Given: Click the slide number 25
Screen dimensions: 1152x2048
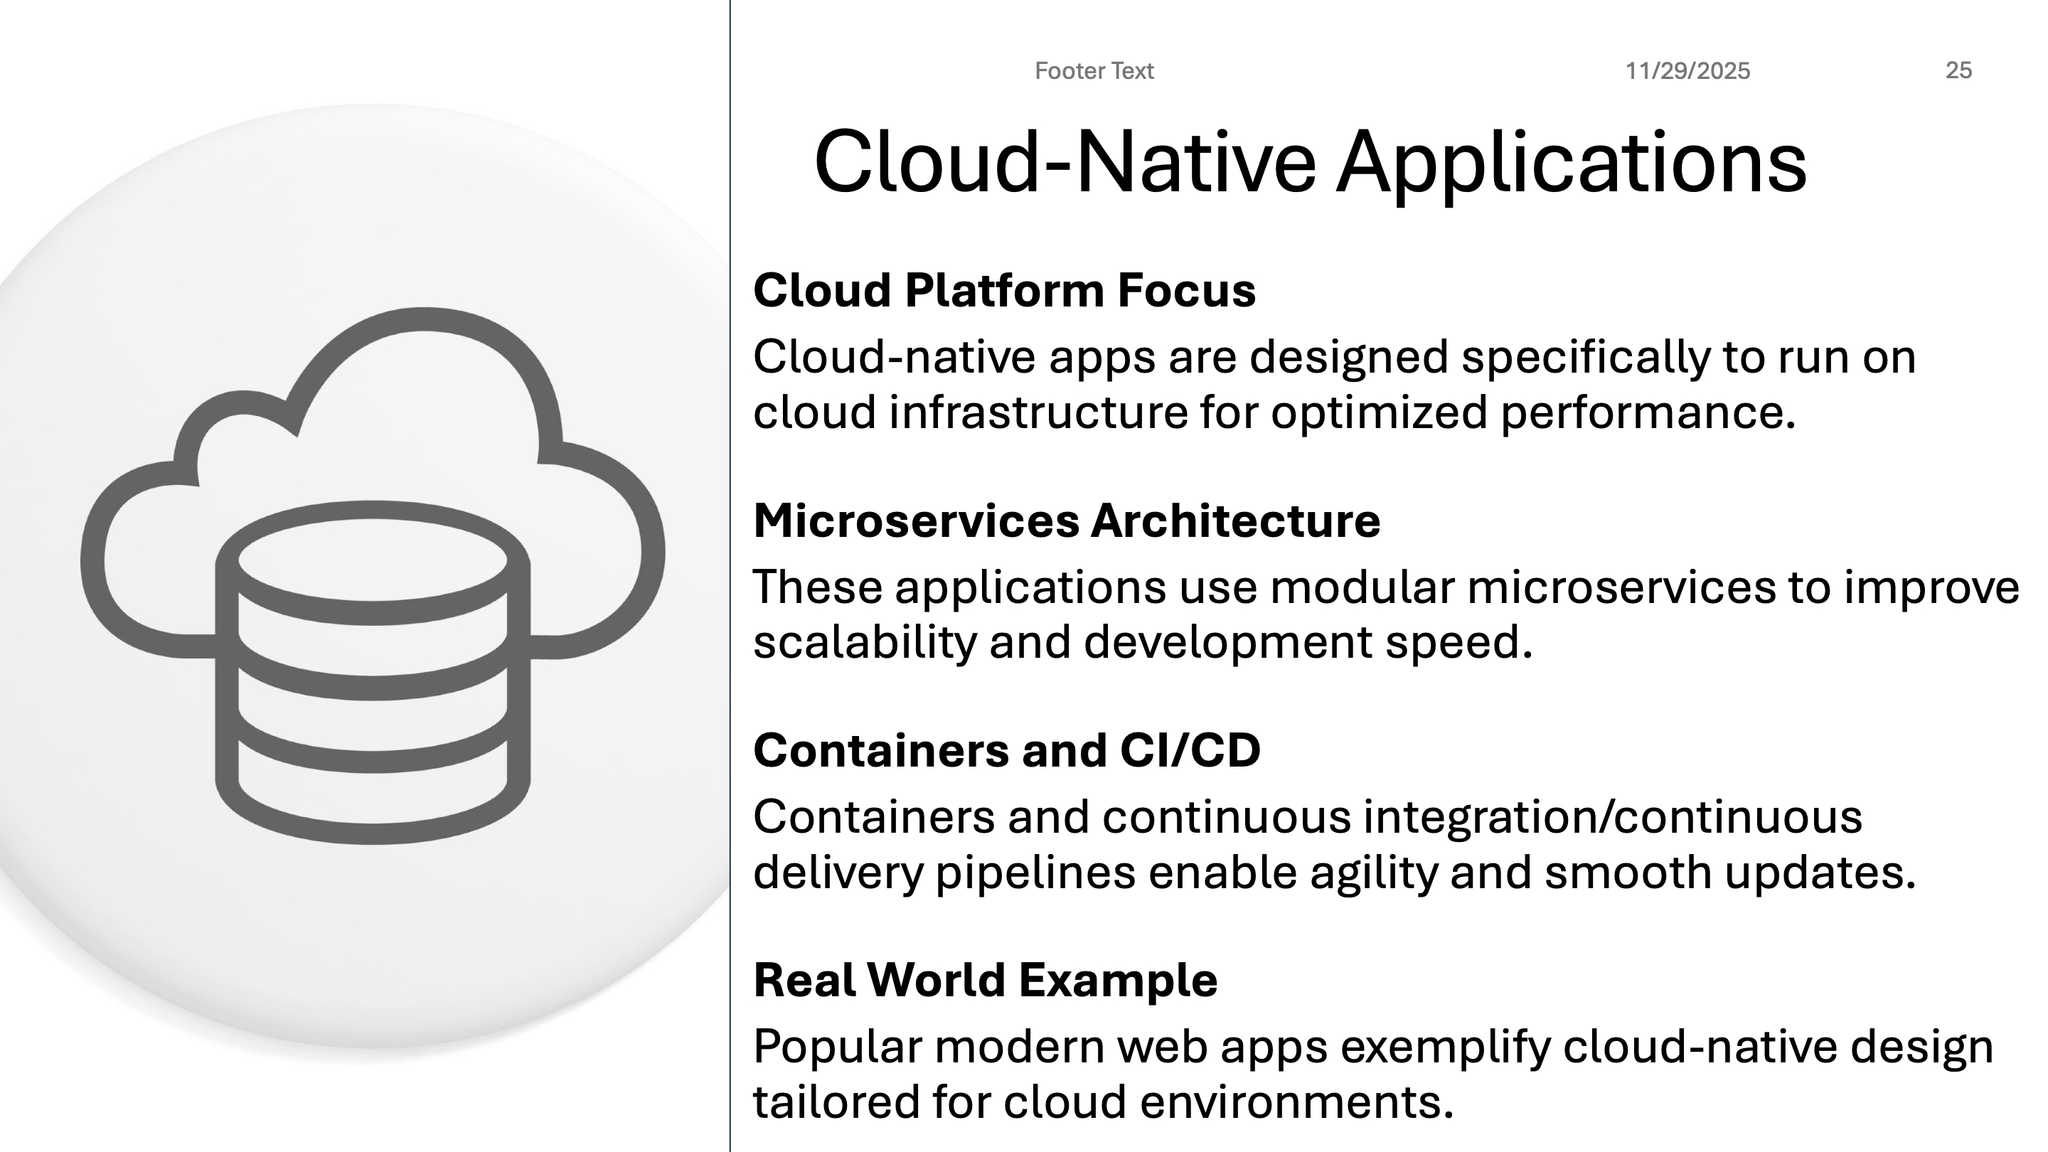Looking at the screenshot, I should click(1958, 71).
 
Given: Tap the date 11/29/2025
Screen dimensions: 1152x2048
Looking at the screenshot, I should click(1687, 72).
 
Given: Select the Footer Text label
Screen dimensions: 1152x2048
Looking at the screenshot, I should click(1093, 72).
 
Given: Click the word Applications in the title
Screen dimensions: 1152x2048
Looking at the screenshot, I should click(1571, 163).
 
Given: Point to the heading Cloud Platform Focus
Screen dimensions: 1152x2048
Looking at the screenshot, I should click(1004, 290).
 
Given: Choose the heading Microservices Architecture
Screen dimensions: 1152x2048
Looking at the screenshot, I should click(1066, 521).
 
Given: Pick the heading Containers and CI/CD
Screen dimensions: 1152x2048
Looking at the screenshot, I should click(1006, 750).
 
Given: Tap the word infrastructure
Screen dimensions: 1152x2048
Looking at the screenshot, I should click(1038, 412).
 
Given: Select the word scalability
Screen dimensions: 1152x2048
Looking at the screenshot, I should click(864, 641).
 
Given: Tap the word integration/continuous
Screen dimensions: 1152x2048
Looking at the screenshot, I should click(1611, 816).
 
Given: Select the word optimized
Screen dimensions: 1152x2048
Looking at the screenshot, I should click(1379, 412).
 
